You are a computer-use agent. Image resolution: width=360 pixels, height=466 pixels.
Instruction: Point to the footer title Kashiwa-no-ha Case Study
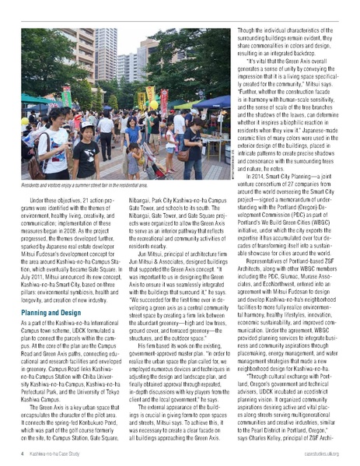59,452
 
